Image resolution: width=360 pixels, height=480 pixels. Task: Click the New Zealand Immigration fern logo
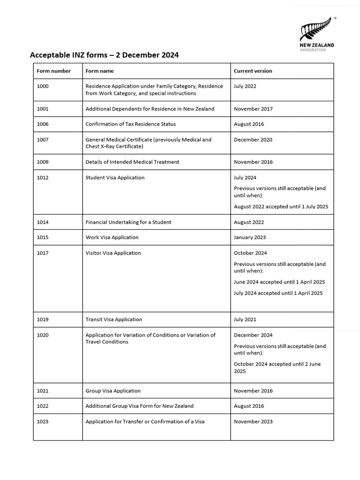click(x=317, y=34)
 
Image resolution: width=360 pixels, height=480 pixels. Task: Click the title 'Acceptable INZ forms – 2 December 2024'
click(x=104, y=55)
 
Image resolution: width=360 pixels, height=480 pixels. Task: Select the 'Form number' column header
click(x=53, y=71)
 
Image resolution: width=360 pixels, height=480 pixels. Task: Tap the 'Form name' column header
click(x=99, y=71)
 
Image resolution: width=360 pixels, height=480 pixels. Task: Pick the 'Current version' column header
click(x=253, y=71)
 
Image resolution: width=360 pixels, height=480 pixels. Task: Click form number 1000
click(x=43, y=86)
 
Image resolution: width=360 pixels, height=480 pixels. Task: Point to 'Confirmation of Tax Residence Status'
click(x=130, y=124)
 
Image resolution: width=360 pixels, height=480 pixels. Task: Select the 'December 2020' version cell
click(x=253, y=140)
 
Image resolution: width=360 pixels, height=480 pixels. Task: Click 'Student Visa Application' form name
click(x=115, y=178)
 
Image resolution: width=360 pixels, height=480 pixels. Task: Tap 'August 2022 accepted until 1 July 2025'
click(x=281, y=206)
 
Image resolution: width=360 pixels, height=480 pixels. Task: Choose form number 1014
click(x=43, y=222)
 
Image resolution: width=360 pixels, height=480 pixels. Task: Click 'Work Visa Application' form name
click(x=112, y=237)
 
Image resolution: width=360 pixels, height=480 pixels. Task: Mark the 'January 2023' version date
click(x=249, y=237)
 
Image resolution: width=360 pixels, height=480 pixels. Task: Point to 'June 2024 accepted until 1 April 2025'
click(x=279, y=282)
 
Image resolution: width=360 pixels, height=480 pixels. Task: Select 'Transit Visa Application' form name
click(x=113, y=319)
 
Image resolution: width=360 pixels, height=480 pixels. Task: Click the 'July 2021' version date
click(x=245, y=319)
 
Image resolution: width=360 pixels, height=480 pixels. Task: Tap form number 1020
click(x=43, y=335)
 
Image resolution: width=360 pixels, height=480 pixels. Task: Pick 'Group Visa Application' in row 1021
click(x=113, y=390)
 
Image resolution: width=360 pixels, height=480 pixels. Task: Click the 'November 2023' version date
click(x=253, y=421)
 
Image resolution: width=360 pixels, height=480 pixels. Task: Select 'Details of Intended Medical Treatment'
click(x=132, y=162)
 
